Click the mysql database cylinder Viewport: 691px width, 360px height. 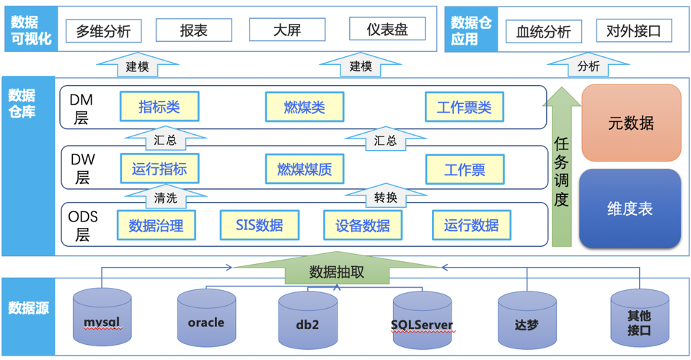(102, 318)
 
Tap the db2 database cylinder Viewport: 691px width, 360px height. (307, 322)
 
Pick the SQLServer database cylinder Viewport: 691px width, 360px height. (422, 322)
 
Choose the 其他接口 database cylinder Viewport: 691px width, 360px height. (639, 320)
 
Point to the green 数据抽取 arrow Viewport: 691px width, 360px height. (337, 271)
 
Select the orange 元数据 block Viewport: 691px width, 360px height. (631, 123)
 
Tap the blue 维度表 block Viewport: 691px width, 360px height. (630, 208)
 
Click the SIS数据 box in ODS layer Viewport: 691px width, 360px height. (260, 224)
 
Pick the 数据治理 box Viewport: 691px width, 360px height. (156, 224)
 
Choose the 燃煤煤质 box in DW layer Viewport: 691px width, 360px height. (304, 170)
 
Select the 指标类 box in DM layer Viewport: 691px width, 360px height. (159, 107)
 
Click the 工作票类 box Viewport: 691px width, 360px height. (464, 107)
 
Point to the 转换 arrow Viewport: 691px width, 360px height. (385, 196)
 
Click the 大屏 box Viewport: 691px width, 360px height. (287, 30)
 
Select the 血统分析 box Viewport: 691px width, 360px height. (543, 32)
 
